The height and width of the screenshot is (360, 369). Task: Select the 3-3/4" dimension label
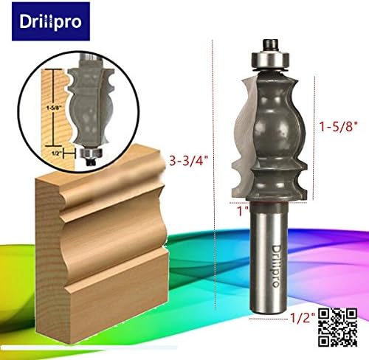click(190, 158)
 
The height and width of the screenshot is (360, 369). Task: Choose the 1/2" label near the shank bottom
click(302, 318)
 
